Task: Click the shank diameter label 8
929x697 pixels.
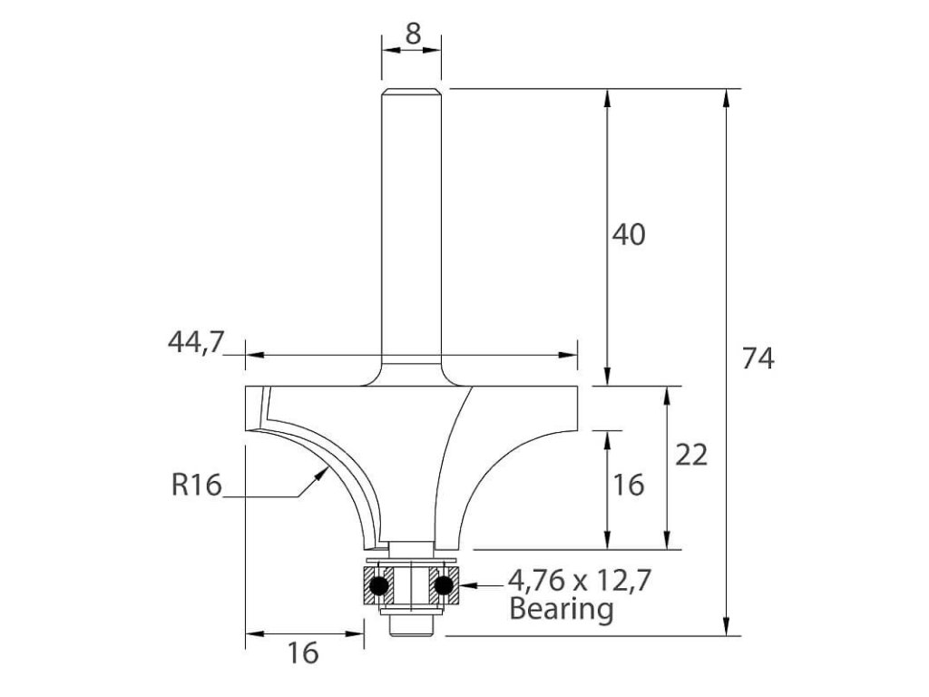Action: click(x=413, y=34)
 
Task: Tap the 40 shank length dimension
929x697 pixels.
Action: click(x=628, y=235)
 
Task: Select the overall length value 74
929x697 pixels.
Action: click(x=758, y=358)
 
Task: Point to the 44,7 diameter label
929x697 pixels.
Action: click(x=196, y=342)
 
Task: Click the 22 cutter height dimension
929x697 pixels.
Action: click(x=691, y=456)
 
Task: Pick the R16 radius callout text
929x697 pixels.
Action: click(x=196, y=485)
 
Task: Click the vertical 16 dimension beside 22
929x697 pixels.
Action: click(x=628, y=485)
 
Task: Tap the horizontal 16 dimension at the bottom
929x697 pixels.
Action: click(x=303, y=653)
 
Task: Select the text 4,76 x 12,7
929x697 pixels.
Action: click(x=580, y=581)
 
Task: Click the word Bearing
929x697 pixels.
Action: click(x=561, y=609)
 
